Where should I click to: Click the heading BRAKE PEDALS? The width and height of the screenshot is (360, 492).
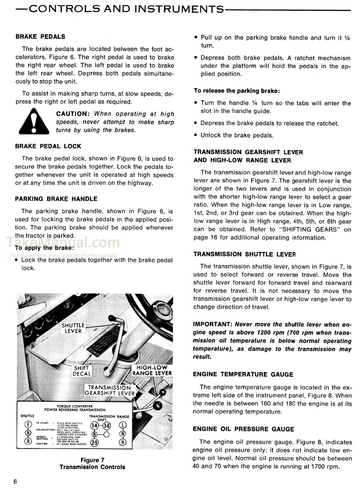(40, 37)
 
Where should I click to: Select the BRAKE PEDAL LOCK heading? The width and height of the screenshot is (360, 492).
(48, 146)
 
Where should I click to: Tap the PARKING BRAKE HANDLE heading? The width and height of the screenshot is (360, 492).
(56, 199)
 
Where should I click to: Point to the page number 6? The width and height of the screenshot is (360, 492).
(15, 481)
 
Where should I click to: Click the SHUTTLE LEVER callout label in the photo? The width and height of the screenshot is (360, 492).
(73, 328)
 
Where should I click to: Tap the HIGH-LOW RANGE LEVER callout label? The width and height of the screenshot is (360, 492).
(152, 370)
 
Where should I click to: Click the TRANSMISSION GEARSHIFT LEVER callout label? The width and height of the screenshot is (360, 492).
(110, 390)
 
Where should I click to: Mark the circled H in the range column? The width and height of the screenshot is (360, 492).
(122, 442)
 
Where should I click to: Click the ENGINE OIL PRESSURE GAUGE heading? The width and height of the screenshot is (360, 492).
(243, 429)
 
